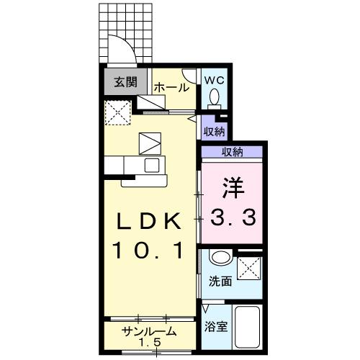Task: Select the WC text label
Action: click(215, 80)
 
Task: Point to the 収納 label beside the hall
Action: click(213, 131)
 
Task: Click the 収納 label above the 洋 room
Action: click(232, 151)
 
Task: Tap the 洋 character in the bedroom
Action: click(232, 186)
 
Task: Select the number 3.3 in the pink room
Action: click(233, 216)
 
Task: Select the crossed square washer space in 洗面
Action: click(249, 269)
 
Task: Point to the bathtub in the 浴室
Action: click(249, 328)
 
